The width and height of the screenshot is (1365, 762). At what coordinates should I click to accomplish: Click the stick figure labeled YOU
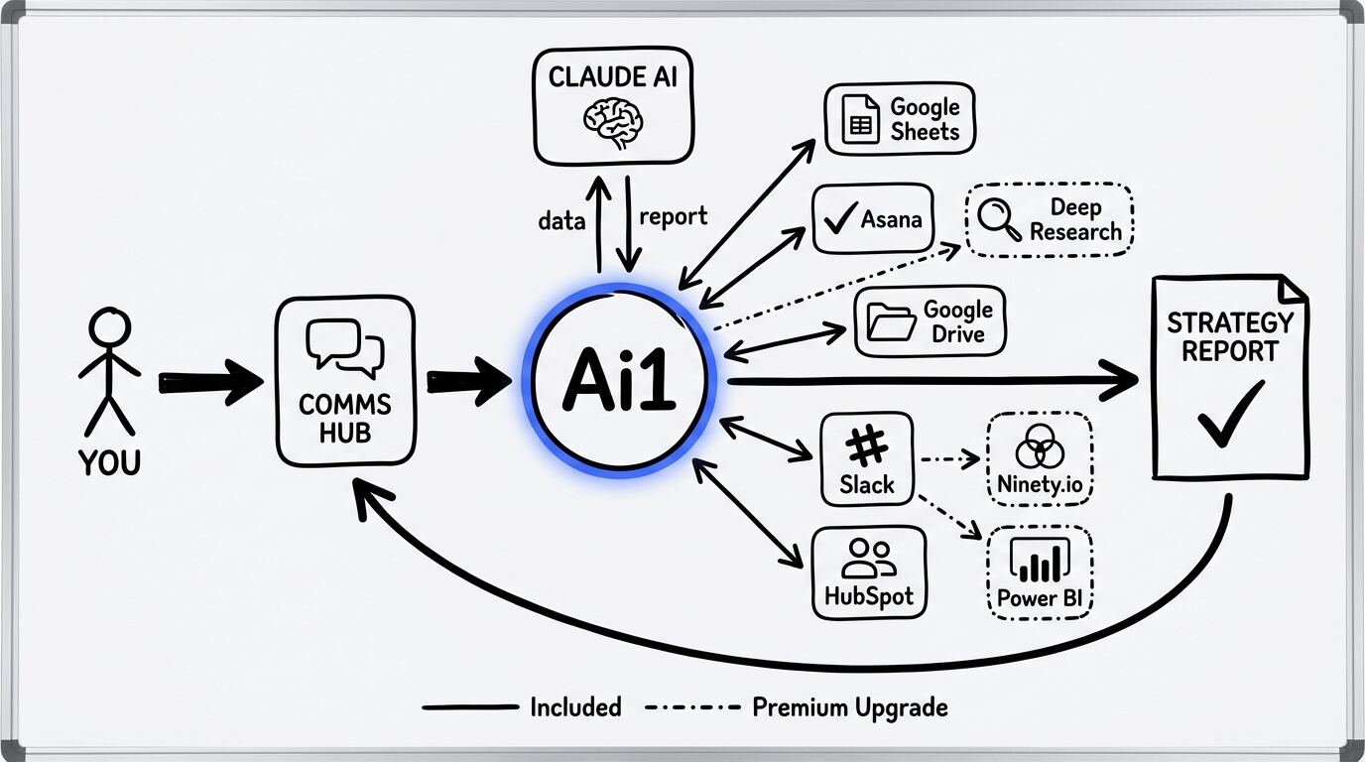[109, 372]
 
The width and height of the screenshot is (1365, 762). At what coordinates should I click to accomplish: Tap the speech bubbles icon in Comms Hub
[345, 347]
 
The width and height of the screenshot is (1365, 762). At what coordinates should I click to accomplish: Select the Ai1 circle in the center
[619, 381]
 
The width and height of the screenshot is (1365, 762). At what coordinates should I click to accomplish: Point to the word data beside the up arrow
[561, 220]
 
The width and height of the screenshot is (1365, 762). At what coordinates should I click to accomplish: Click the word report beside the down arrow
[674, 217]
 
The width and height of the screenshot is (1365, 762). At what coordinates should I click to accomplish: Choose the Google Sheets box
[900, 119]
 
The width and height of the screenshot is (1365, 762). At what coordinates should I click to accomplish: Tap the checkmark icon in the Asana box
[841, 218]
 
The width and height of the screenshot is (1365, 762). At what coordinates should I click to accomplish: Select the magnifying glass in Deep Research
[998, 220]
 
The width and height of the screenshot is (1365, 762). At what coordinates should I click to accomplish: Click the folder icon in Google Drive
[891, 322]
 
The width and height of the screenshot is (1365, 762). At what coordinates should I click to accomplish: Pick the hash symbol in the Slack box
[867, 448]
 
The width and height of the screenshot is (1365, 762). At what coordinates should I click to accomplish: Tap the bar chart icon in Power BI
[1039, 562]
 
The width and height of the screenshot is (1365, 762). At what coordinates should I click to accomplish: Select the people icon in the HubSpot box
[868, 559]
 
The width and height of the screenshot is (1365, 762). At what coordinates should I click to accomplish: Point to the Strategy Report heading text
[1229, 337]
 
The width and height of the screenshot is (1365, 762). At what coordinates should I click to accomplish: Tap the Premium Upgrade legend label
[850, 707]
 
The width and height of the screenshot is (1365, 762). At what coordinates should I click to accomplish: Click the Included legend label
[575, 707]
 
